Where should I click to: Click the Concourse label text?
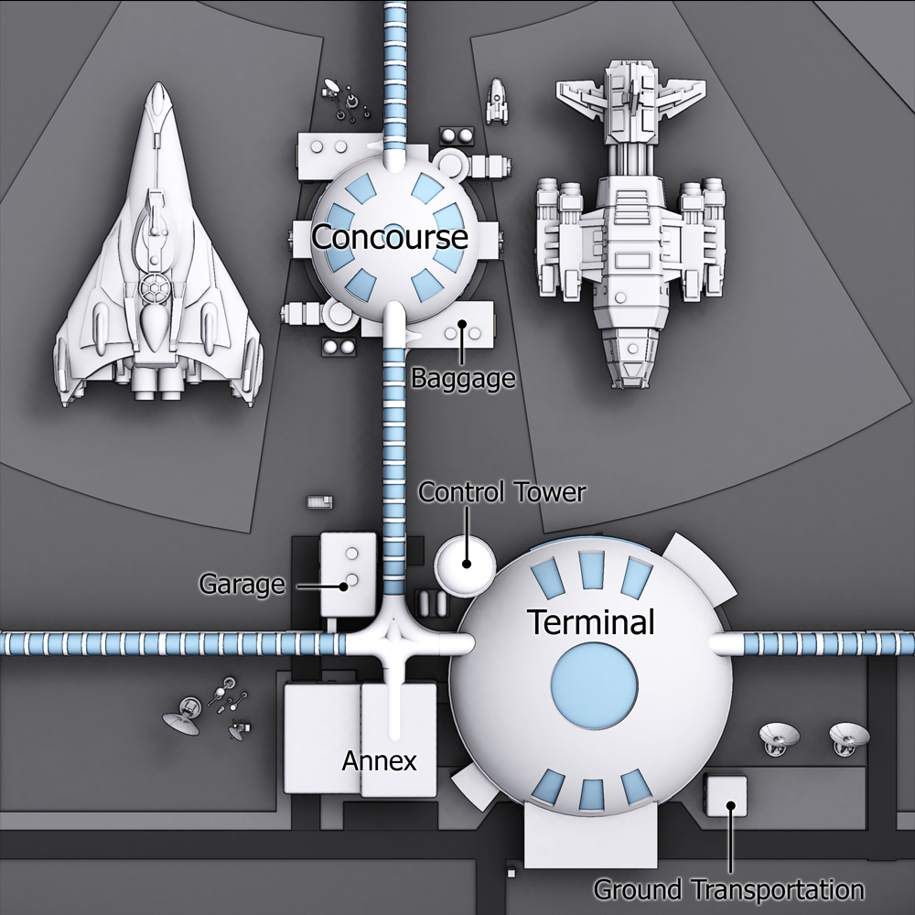[390, 237]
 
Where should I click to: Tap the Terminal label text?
[591, 623]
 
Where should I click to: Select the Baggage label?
[463, 378]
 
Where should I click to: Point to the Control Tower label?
[501, 492]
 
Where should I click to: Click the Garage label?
[242, 584]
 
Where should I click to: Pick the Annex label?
[379, 760]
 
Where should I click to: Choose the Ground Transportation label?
[728, 888]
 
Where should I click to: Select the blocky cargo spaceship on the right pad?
[629, 229]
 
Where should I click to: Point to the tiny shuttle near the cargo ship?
[497, 100]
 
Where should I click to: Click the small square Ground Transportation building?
[727, 796]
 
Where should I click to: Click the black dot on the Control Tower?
[467, 563]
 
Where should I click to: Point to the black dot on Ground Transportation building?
[729, 806]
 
